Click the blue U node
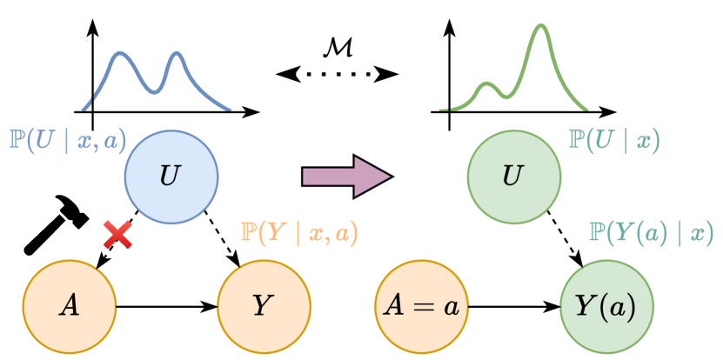171,177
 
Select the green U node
512,177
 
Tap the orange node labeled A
69,305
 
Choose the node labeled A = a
422,305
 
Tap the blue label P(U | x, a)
67,140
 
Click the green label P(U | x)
613,140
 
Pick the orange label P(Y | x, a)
299,232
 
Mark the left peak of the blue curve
122,54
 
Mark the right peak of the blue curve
177,54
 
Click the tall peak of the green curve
541,26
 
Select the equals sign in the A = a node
422,306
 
